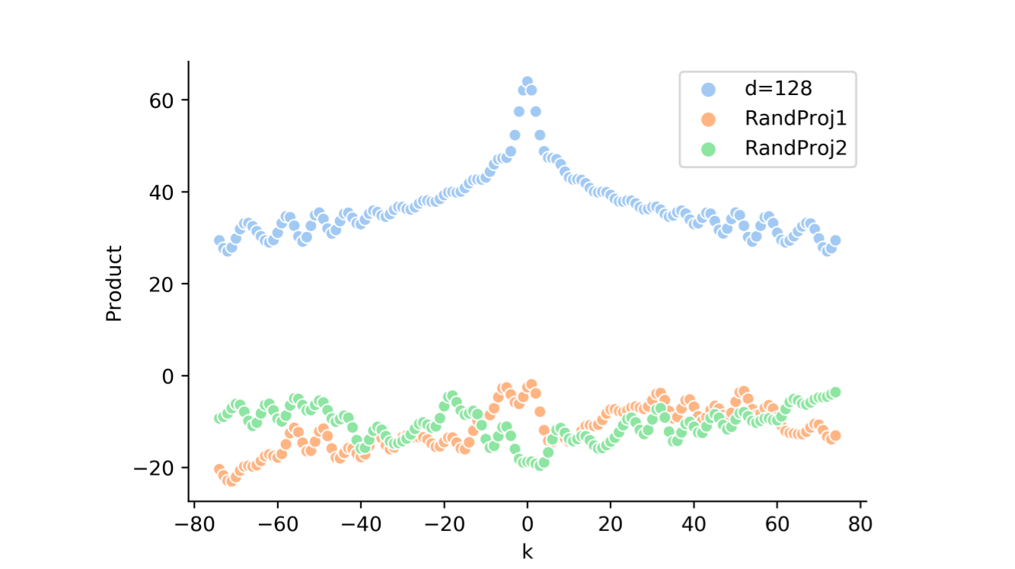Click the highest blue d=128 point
tap(527, 82)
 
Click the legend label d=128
tap(778, 88)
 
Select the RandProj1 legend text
tap(796, 119)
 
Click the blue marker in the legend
tap(708, 89)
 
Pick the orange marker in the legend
tap(708, 119)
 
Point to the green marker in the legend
tap(708, 150)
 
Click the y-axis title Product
tap(114, 283)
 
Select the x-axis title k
tap(527, 552)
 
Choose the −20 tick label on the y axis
tap(156, 468)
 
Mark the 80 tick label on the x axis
tap(860, 526)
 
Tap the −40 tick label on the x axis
tap(360, 526)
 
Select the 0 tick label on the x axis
tap(527, 526)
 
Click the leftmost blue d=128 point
tap(219, 240)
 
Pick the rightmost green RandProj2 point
tap(835, 393)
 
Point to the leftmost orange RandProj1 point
tap(219, 469)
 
